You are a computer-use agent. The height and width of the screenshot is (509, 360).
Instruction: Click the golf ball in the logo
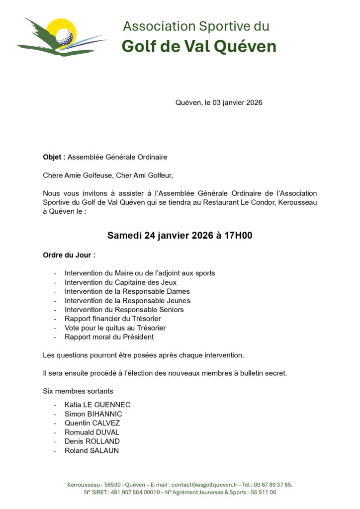[x=64, y=36]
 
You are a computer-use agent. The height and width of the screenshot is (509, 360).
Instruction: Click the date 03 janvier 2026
[x=237, y=103]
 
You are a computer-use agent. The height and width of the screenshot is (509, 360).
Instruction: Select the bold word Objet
[x=53, y=157]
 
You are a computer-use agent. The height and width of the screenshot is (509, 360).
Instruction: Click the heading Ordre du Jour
[x=69, y=255]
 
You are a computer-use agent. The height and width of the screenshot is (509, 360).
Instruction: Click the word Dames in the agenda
[x=180, y=291]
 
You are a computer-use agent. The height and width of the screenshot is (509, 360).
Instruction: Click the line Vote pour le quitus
[x=115, y=328]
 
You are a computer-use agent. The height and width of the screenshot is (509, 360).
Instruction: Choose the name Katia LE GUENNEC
[x=97, y=405]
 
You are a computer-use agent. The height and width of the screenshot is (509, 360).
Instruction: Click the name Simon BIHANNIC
[x=93, y=414]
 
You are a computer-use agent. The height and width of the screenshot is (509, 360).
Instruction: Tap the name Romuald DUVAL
[x=92, y=432]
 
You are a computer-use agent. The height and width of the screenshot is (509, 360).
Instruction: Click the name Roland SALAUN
[x=91, y=451]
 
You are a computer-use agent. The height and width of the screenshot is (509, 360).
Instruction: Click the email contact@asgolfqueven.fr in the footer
[x=204, y=485]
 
